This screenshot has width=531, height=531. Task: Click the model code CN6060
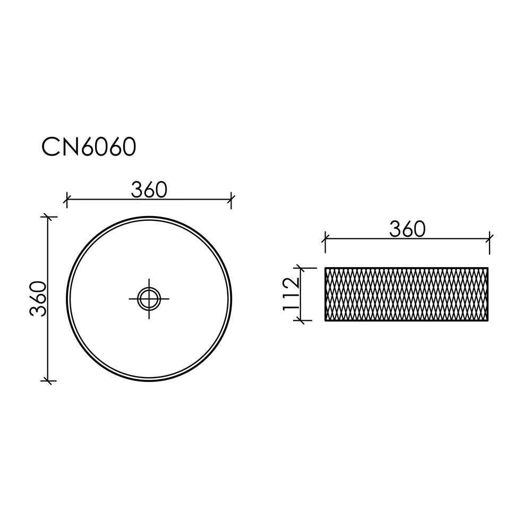[89, 147]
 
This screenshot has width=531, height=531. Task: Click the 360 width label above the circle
[149, 190]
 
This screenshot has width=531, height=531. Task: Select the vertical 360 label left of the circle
[38, 298]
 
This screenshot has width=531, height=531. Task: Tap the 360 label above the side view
[407, 229]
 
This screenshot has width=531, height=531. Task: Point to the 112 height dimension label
[291, 293]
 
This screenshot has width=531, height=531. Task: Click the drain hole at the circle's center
[149, 298]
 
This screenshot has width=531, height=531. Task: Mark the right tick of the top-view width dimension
[231, 199]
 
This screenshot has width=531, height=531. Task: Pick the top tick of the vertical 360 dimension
[48, 217]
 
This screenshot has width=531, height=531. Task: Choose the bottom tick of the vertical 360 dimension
[48, 381]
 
